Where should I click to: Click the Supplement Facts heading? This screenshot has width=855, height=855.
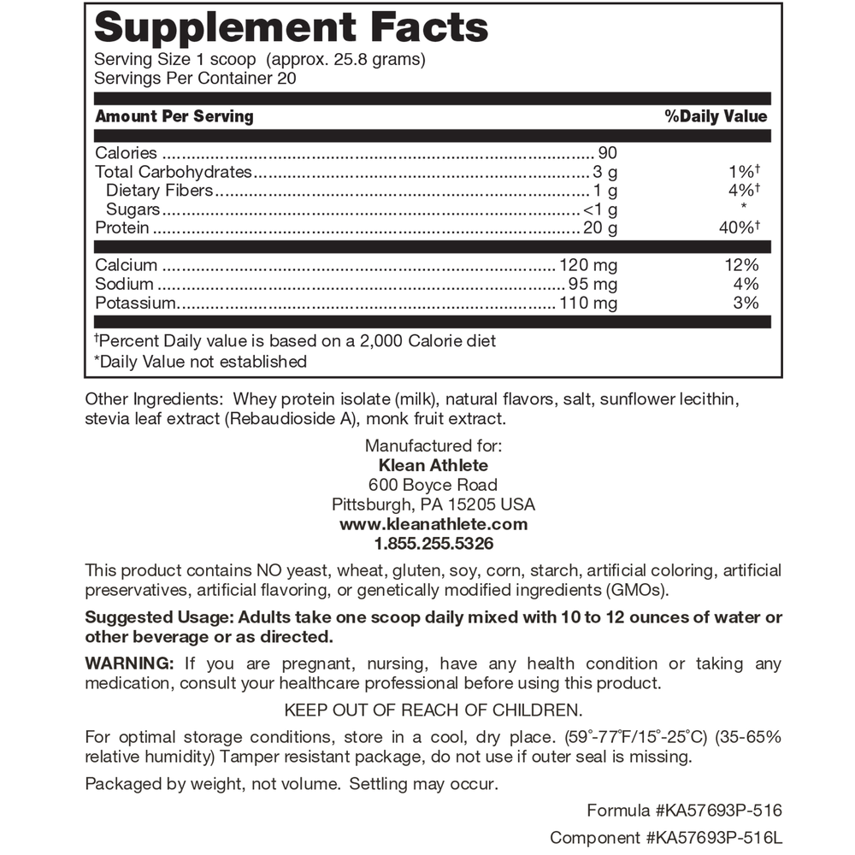click(x=291, y=27)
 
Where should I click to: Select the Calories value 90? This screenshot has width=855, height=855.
click(x=607, y=153)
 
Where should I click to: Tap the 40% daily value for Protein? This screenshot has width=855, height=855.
click(x=740, y=228)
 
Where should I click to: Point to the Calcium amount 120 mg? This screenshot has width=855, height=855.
click(x=587, y=266)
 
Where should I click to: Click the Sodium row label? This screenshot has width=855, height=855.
click(x=125, y=284)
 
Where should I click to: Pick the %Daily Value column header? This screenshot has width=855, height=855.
click(x=716, y=116)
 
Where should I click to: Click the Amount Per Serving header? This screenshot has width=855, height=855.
click(x=174, y=116)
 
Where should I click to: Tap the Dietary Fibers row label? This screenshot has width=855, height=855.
click(x=159, y=191)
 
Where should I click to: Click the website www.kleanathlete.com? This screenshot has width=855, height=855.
click(x=433, y=524)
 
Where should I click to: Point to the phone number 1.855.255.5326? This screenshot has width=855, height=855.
click(x=433, y=544)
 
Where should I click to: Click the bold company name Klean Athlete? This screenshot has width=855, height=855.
click(x=433, y=465)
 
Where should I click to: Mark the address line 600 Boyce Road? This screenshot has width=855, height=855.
click(x=433, y=485)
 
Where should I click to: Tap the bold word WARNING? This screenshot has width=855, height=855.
click(x=129, y=664)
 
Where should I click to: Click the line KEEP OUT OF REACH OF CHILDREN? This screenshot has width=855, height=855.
click(x=433, y=710)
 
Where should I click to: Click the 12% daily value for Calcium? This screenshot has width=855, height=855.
click(x=741, y=266)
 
